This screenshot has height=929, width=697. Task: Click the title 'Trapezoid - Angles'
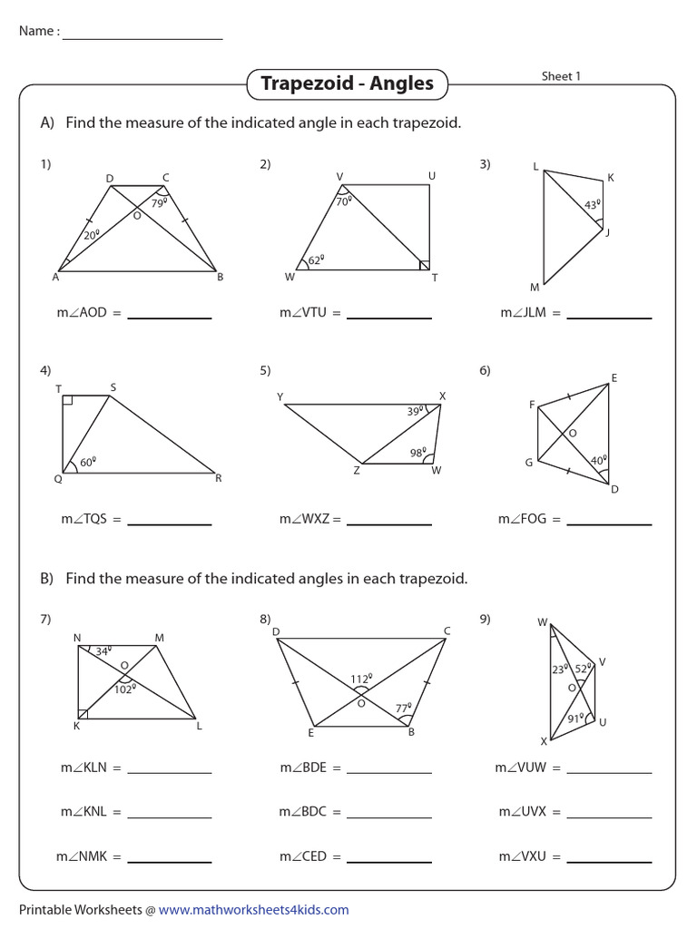click(348, 84)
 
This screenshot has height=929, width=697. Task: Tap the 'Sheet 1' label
click(561, 76)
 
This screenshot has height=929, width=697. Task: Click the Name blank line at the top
click(142, 37)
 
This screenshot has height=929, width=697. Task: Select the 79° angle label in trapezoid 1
click(159, 204)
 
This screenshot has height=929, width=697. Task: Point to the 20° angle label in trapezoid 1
click(91, 235)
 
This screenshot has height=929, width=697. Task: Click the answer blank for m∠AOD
click(170, 316)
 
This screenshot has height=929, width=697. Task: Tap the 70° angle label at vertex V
click(343, 202)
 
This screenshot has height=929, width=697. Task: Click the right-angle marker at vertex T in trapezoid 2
click(425, 265)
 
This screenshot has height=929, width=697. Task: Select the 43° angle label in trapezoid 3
click(592, 206)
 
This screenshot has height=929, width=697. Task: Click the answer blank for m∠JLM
click(609, 316)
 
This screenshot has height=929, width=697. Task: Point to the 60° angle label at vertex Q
click(88, 462)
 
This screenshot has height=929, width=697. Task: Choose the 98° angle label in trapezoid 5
click(418, 453)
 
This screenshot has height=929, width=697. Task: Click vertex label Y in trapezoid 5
click(280, 396)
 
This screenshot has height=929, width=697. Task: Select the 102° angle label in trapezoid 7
click(124, 689)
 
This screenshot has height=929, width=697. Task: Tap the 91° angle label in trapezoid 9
click(575, 719)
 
